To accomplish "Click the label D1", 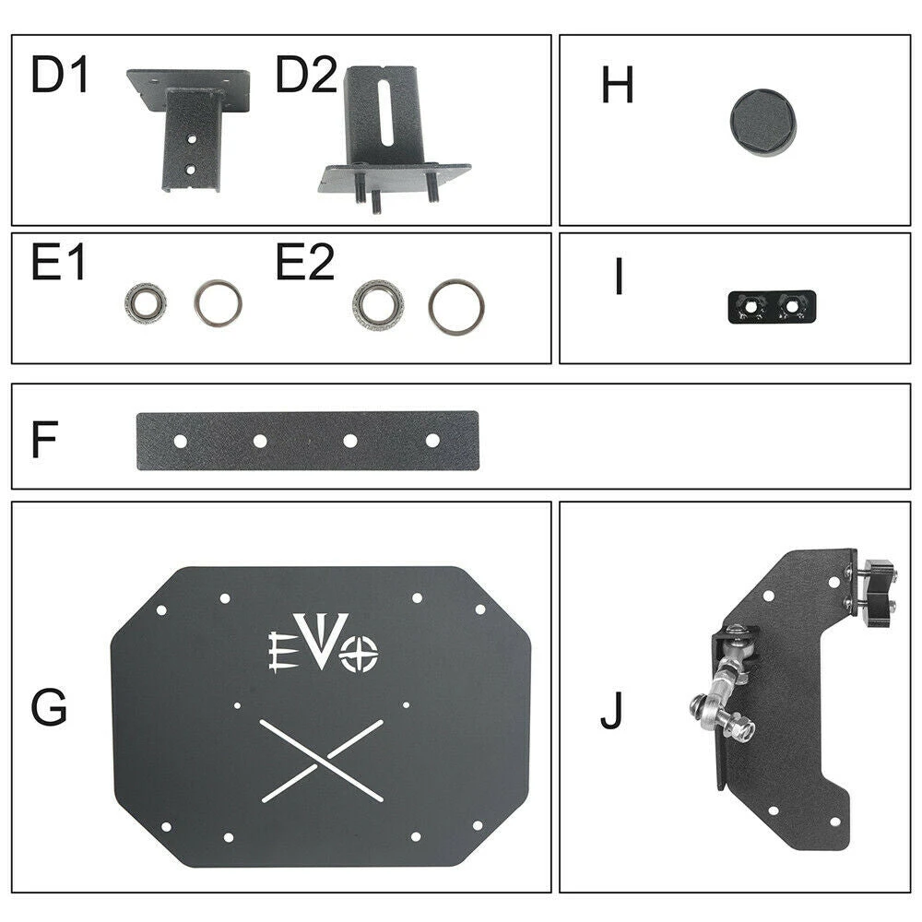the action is pyautogui.click(x=59, y=74).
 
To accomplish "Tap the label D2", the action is pyautogui.click(x=306, y=74).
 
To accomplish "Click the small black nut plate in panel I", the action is pyautogui.click(x=772, y=306).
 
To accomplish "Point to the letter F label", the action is pyautogui.click(x=44, y=439).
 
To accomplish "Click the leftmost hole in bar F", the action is pyautogui.click(x=181, y=441).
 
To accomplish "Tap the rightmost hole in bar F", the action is pyautogui.click(x=432, y=440).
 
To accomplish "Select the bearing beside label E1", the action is pyautogui.click(x=146, y=302).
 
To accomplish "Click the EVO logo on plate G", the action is pyautogui.click(x=323, y=643).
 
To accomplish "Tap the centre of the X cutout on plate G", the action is pyautogui.click(x=322, y=761).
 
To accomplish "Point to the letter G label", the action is pyautogui.click(x=49, y=707).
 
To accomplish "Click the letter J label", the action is pyautogui.click(x=611, y=711).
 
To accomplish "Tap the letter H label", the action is pyautogui.click(x=617, y=84).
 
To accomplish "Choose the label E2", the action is pyautogui.click(x=304, y=262).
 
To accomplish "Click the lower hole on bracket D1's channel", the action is pyautogui.click(x=190, y=170).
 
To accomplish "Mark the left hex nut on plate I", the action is pyautogui.click(x=751, y=306).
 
